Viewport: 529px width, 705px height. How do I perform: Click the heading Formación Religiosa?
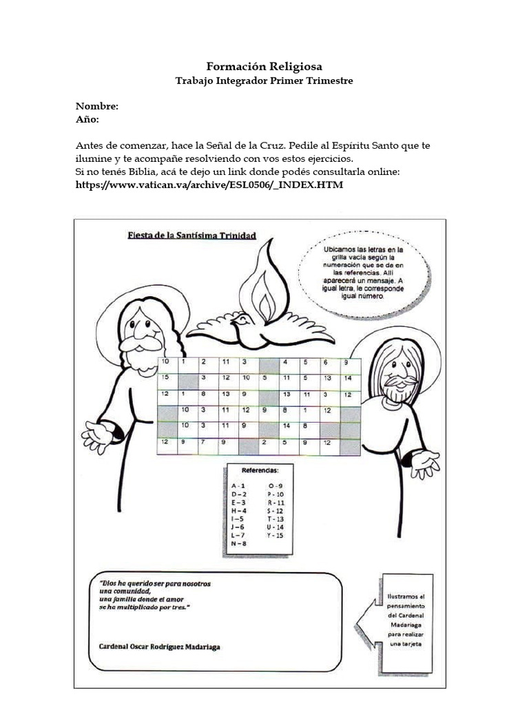pos(264,67)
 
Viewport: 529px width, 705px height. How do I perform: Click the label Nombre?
pos(97,107)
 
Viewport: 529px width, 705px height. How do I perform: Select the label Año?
pos(87,119)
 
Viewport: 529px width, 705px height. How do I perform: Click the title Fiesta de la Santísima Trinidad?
pos(192,235)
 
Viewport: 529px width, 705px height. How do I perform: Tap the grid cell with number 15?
pos(165,378)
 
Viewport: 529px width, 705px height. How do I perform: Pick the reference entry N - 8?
pos(239,543)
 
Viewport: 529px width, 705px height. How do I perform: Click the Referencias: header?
pos(260,471)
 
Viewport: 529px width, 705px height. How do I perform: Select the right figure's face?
pos(395,372)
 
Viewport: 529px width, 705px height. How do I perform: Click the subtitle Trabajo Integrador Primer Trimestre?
pos(264,81)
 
